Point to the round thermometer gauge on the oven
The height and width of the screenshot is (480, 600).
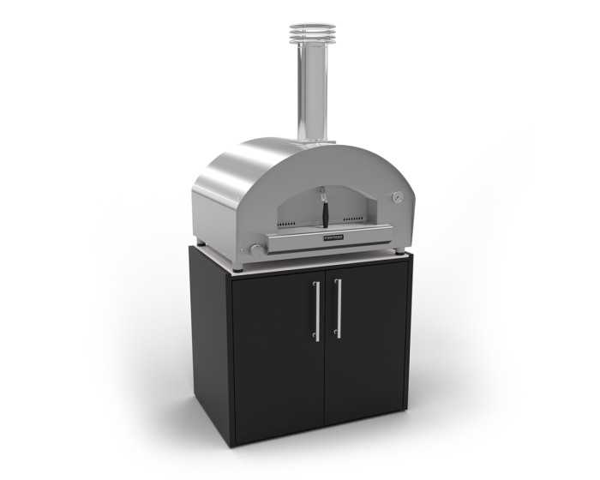click(x=398, y=197)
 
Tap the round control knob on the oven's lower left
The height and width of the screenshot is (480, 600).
click(x=254, y=250)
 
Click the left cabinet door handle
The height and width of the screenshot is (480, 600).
click(x=317, y=310)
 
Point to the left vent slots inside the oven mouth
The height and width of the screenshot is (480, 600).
click(x=289, y=223)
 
